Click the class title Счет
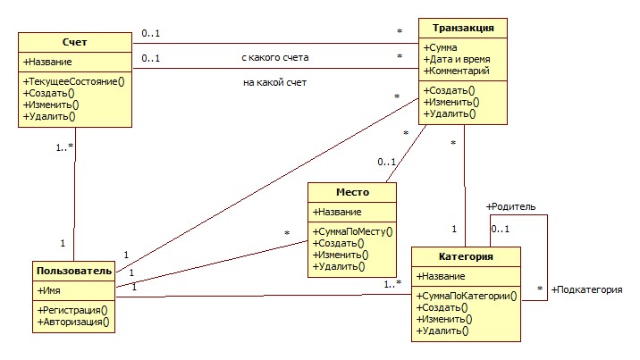pos(75,43)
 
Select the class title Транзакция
pos(463,28)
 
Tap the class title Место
pos(351,193)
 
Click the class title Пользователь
pos(74,271)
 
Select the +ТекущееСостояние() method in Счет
pos(73,80)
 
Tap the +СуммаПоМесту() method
pos(351,231)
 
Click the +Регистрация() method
pos(72,310)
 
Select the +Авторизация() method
pos(72,322)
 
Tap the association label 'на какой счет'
pos(275,83)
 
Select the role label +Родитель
pos(510,206)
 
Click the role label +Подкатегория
pos(586,289)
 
